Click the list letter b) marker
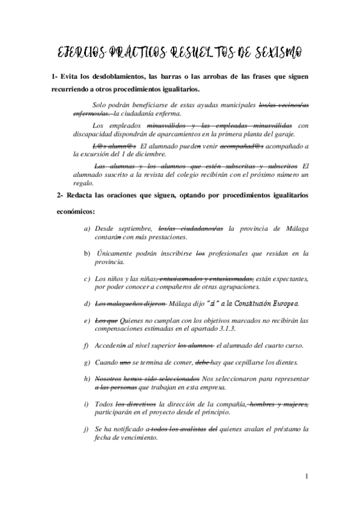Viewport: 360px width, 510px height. [x=87, y=254]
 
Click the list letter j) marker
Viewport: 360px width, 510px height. [x=87, y=429]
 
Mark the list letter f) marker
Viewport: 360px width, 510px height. [x=87, y=345]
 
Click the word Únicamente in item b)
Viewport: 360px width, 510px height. [x=117, y=254]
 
